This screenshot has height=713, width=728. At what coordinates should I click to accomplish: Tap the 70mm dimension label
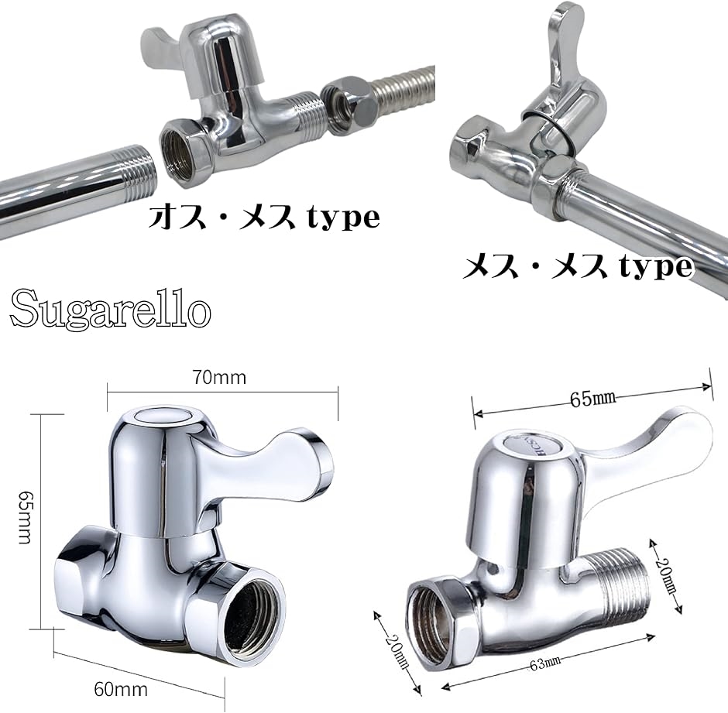pyautogui.click(x=220, y=378)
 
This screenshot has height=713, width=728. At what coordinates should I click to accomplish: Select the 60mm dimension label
pyautogui.click(x=121, y=689)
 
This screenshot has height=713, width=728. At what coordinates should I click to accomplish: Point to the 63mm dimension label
pyautogui.click(x=545, y=663)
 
